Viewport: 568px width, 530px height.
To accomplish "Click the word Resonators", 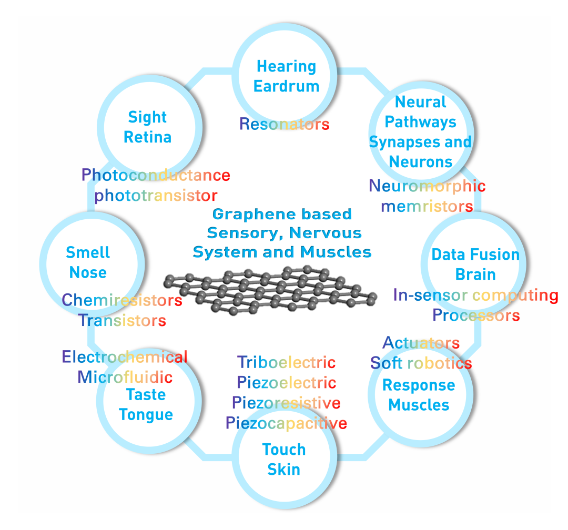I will point(284,124).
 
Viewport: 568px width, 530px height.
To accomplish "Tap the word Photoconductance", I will point(156,175).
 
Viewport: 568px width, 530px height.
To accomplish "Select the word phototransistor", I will point(156,196).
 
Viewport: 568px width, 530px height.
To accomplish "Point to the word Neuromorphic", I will point(427,186).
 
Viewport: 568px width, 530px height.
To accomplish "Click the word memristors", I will point(427,206).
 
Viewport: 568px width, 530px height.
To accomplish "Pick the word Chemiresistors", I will point(122,300).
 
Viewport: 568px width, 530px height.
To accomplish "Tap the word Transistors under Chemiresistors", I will point(122,320).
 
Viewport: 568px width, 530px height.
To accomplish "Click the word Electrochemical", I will point(125,358).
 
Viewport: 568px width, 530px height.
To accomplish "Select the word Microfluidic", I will point(125,377).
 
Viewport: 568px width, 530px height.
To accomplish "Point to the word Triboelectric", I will point(286,362).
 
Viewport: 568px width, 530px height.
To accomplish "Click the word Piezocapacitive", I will point(286,423).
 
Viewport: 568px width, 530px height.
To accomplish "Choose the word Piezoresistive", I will point(286,403).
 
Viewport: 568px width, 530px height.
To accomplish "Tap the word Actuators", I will point(421,343).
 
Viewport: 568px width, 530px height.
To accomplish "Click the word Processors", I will point(476,315).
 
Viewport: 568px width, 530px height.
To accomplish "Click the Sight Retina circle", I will point(147,127).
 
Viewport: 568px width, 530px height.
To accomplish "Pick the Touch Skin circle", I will point(284,459).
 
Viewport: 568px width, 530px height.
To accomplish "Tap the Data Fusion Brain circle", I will point(475,264).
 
